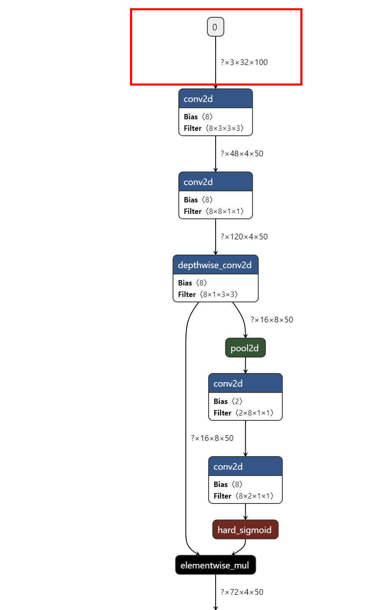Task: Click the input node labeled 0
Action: (215, 27)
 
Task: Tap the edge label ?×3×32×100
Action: (244, 63)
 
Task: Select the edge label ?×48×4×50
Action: (242, 154)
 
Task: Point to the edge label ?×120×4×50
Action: (244, 237)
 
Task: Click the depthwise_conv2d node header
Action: (215, 265)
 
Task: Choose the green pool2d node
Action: (245, 348)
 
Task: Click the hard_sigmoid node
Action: (245, 530)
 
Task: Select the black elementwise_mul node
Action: (215, 565)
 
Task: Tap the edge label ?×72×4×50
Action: (242, 592)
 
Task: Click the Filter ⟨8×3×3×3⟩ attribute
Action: (214, 128)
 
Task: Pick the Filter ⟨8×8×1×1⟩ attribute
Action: (214, 211)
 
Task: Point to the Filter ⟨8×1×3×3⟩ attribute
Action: (208, 295)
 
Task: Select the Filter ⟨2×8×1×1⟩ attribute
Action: (244, 413)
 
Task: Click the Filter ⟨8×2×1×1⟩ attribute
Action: (244, 496)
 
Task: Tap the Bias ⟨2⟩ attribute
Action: (228, 401)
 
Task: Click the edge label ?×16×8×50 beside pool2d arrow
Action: (272, 320)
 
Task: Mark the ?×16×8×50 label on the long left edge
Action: (212, 438)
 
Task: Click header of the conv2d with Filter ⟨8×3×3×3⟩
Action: (215, 99)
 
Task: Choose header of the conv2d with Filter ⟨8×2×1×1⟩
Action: (245, 467)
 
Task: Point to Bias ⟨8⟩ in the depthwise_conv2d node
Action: (193, 283)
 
